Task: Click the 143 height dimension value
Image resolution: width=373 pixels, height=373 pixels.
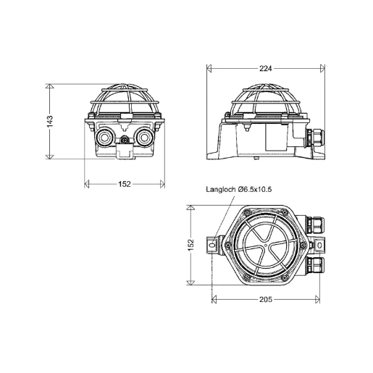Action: click(x=50, y=122)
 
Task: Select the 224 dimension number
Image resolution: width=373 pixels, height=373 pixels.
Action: click(x=266, y=69)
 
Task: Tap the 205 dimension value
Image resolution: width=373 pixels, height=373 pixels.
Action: click(x=266, y=300)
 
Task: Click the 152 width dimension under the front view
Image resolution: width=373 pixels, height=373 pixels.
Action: click(x=125, y=184)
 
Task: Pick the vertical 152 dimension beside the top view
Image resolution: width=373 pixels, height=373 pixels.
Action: click(x=190, y=245)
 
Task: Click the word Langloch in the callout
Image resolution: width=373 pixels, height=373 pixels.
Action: click(x=221, y=190)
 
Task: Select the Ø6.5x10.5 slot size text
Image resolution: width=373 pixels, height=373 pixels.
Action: click(x=255, y=189)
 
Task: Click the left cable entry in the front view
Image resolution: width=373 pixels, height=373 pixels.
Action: click(x=104, y=138)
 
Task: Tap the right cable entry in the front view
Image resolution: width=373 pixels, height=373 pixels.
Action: click(x=144, y=138)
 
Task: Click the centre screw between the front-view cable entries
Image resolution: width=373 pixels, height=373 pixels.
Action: click(x=125, y=140)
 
